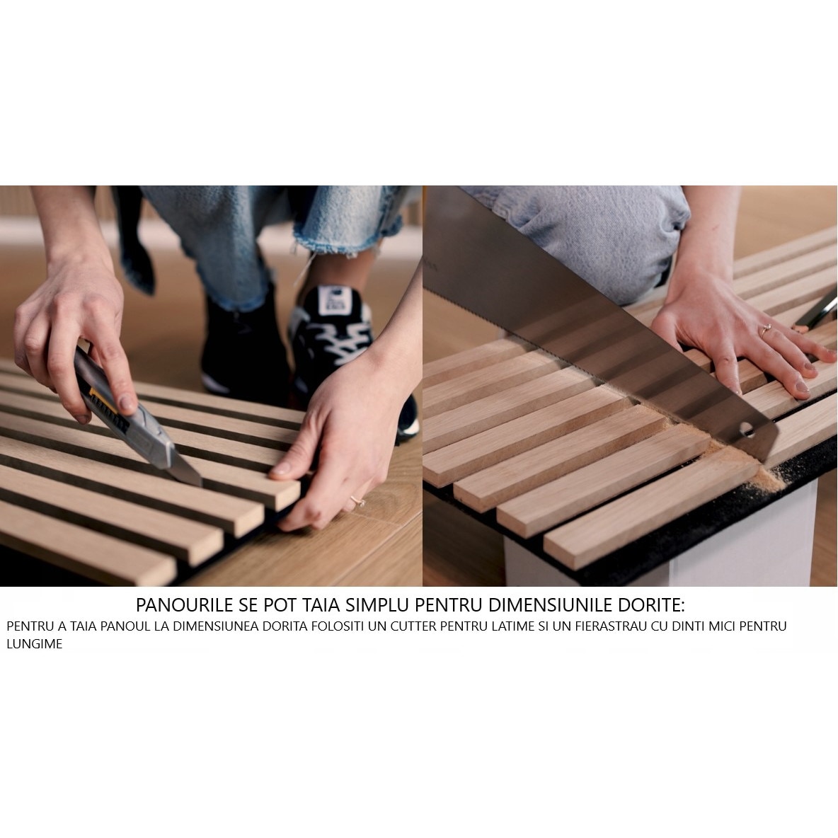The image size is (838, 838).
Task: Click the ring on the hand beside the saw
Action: point(765,328)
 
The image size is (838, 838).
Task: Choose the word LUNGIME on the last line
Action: point(35,645)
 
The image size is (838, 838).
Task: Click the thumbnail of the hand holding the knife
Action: point(127,403)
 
